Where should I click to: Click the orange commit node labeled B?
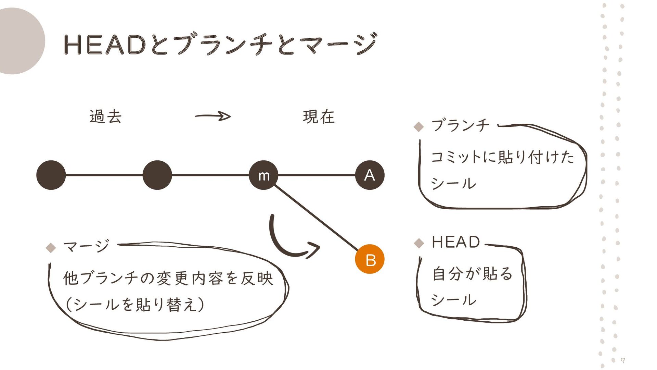tap(370, 259)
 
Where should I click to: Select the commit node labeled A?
tap(370, 175)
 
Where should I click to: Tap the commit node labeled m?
tap(263, 175)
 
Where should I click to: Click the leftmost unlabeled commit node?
tap(51, 175)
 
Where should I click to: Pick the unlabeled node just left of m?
tap(157, 175)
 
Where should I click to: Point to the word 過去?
tap(105, 116)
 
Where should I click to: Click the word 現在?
tap(319, 116)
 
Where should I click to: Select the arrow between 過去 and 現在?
tap(213, 116)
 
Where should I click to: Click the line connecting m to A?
tap(317, 175)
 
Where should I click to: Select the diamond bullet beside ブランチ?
tap(418, 127)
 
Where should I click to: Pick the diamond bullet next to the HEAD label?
tap(418, 243)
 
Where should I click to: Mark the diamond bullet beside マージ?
tap(51, 247)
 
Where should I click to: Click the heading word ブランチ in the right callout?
tap(460, 125)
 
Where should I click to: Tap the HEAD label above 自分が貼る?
tap(456, 242)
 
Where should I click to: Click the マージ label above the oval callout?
tap(87, 246)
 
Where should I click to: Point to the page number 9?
tap(623, 360)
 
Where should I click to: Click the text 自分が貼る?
tap(472, 274)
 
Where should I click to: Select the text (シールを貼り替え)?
tap(135, 304)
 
